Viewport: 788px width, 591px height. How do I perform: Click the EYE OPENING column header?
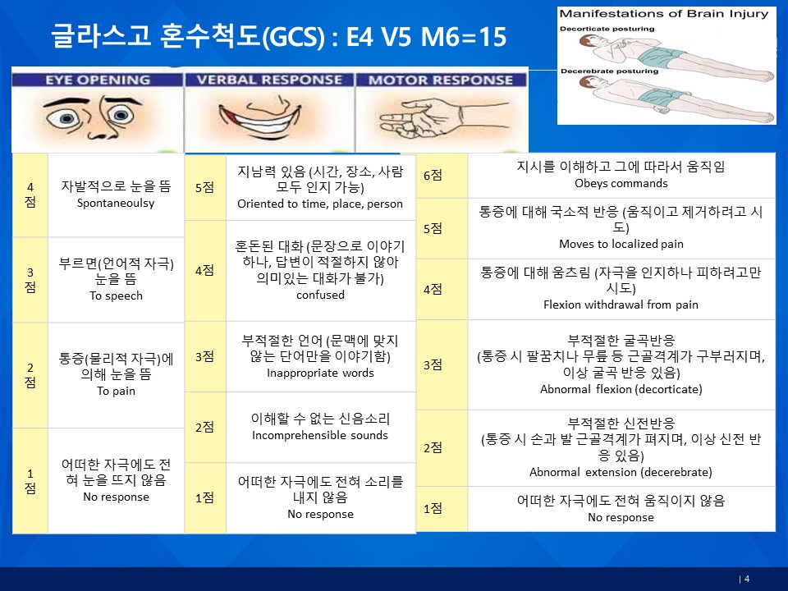(x=98, y=80)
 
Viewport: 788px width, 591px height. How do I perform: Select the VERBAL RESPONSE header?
(x=269, y=80)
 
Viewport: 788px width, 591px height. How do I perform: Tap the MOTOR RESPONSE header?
(x=441, y=80)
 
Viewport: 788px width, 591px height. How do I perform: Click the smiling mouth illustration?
(x=260, y=117)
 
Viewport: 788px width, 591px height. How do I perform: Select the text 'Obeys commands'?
(x=621, y=183)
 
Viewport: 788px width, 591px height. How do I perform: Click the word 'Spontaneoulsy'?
(x=116, y=203)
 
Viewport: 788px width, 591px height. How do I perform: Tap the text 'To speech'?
(x=116, y=295)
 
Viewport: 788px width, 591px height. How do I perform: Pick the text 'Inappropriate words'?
(x=320, y=373)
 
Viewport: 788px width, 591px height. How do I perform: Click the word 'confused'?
(x=320, y=295)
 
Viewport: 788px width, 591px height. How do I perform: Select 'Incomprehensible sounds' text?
(x=320, y=435)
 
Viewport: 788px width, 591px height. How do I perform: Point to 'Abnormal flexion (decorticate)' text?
(x=621, y=389)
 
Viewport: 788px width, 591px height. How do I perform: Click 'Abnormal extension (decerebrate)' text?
(x=621, y=472)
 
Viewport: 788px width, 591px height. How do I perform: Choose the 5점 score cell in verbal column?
(x=205, y=187)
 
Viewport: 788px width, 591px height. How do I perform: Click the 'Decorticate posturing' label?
(x=607, y=29)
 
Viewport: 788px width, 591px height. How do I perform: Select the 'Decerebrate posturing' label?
(x=609, y=71)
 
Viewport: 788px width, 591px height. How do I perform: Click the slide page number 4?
(x=747, y=579)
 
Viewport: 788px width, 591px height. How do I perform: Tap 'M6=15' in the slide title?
(x=463, y=37)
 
